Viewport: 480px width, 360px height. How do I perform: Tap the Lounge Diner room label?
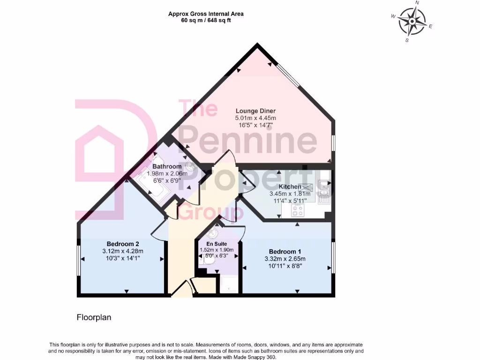(x=255, y=111)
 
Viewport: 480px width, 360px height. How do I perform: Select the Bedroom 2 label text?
(x=123, y=243)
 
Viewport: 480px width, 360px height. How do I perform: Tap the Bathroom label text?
(x=167, y=166)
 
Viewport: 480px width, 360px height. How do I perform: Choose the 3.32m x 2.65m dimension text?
(x=285, y=259)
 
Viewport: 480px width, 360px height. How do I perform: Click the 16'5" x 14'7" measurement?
(x=255, y=126)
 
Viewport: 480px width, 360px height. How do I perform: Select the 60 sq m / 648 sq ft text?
(x=206, y=20)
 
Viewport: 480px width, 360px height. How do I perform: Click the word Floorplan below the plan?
(x=94, y=317)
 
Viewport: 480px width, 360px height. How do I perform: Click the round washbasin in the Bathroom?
(x=190, y=166)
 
